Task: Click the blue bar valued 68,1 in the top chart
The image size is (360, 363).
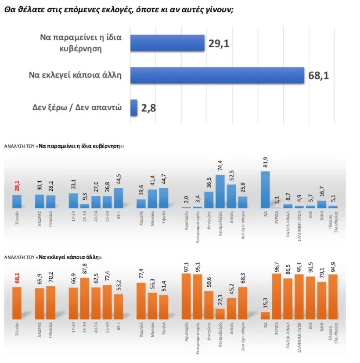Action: (x=217, y=75)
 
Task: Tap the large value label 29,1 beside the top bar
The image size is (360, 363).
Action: (x=220, y=43)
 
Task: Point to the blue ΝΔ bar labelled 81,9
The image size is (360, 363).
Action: (x=265, y=189)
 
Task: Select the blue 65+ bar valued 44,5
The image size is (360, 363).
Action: (x=119, y=198)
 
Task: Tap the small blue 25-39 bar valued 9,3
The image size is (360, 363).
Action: (x=84, y=205)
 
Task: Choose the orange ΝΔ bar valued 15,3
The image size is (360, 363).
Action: (x=265, y=315)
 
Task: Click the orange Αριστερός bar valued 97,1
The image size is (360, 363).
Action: (x=186, y=296)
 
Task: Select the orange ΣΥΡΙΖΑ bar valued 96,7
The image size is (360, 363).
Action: (x=277, y=297)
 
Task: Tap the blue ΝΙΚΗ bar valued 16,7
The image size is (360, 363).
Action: (x=322, y=204)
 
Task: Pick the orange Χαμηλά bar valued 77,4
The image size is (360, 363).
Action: (x=141, y=301)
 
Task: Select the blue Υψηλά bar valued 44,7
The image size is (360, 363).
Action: (x=164, y=198)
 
